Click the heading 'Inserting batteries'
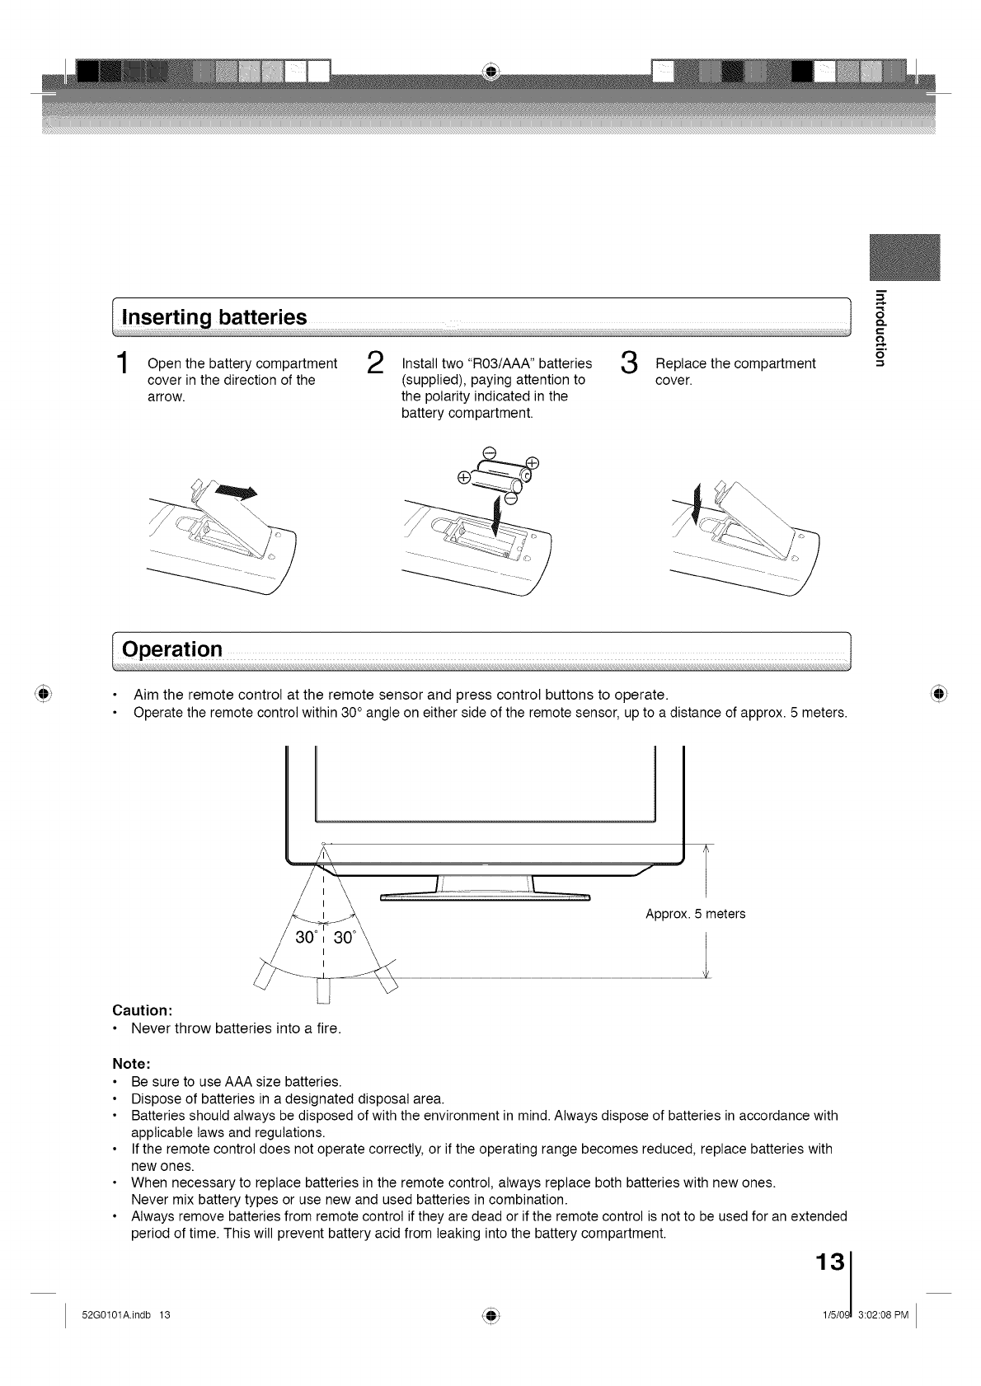[x=214, y=317]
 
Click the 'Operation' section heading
[x=172, y=649]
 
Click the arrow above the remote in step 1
[x=236, y=494]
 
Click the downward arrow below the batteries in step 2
[x=497, y=515]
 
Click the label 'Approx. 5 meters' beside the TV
[x=696, y=914]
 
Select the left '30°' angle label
[x=306, y=939]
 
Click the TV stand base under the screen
[x=486, y=896]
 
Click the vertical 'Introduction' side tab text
[x=880, y=327]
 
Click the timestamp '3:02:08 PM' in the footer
[x=884, y=1314]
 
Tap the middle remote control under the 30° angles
[x=324, y=990]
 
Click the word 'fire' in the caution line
[x=327, y=1028]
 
